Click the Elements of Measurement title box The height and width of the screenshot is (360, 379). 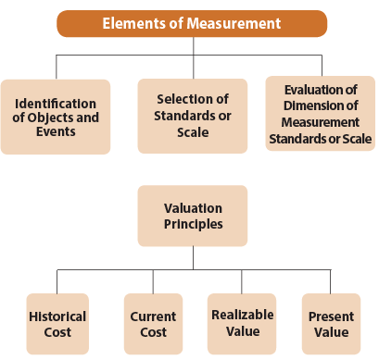191,23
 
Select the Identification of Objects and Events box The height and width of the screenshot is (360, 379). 56,116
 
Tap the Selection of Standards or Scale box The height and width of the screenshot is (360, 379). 193,116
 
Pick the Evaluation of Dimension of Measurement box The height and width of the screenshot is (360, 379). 320,114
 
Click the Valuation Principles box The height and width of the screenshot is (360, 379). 193,216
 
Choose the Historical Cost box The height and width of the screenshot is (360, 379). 57,324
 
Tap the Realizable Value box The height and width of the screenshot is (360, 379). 241,323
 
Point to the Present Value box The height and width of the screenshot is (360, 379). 330,324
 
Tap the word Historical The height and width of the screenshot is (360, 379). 57,317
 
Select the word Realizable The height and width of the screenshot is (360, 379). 241,315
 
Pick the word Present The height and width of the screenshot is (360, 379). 330,317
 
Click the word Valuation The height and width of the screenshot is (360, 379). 193,208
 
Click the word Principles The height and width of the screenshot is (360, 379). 193,224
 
